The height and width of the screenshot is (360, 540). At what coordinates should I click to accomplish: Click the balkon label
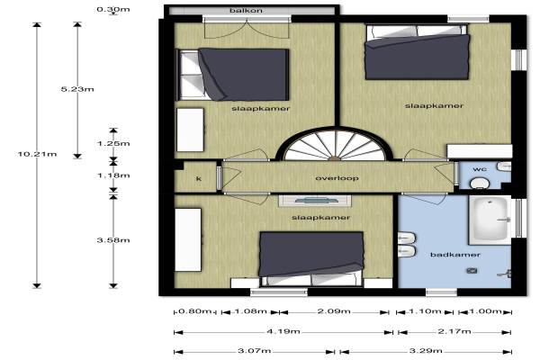pos(246,10)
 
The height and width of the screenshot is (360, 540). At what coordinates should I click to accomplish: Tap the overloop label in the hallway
pos(332,178)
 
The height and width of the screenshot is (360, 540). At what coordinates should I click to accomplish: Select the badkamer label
pos(455,255)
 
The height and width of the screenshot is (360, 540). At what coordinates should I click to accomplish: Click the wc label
pos(480,169)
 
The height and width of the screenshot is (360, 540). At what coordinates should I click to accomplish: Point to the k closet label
pos(198,178)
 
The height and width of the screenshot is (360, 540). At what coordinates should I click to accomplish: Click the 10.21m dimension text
pos(37,154)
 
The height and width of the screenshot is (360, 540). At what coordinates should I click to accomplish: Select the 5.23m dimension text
pos(77,89)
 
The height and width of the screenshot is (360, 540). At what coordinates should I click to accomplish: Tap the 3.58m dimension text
pos(113,240)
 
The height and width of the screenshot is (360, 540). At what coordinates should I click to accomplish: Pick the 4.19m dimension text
pos(283,331)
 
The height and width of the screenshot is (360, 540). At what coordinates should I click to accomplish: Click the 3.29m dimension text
pos(426,351)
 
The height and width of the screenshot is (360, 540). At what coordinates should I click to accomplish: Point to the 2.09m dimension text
pos(334,311)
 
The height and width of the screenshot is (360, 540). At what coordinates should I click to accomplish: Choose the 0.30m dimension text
pos(113,9)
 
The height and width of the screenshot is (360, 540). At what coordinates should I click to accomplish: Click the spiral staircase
pos(335,144)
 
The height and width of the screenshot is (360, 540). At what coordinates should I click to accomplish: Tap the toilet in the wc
pos(480,183)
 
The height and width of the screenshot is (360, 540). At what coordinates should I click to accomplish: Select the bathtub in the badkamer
pos(490,220)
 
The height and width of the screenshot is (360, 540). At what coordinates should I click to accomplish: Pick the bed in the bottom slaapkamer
pos(311,258)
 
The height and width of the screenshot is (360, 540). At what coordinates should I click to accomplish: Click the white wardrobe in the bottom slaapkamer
pos(188,239)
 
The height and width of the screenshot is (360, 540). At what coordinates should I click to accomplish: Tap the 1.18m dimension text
pos(113,175)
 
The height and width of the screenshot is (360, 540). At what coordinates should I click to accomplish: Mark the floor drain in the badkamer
pos(472,271)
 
